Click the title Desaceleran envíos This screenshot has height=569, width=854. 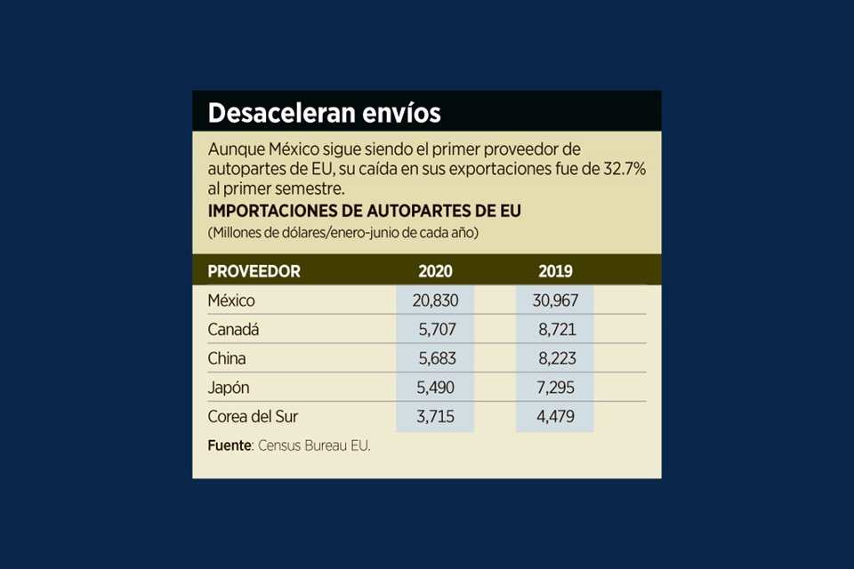(x=324, y=113)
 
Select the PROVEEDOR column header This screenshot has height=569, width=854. (x=254, y=271)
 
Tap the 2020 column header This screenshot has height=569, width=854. (x=435, y=271)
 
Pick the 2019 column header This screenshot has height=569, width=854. (x=555, y=271)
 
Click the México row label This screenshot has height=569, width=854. (x=231, y=301)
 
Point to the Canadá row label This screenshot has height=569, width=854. (x=233, y=330)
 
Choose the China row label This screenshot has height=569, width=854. (x=226, y=359)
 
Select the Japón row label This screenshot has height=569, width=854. (x=230, y=389)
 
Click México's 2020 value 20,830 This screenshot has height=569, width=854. (x=435, y=301)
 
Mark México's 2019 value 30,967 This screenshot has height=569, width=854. (x=555, y=301)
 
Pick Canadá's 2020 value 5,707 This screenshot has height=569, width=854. (x=437, y=330)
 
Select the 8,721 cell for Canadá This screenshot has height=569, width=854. (x=557, y=330)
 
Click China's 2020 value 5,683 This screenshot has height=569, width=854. (x=437, y=359)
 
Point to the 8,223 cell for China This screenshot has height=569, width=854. (x=557, y=359)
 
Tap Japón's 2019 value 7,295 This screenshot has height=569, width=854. (x=557, y=389)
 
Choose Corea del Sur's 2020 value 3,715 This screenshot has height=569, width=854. (x=437, y=416)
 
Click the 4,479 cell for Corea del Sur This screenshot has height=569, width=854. (x=557, y=416)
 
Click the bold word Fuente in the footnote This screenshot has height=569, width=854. (x=230, y=445)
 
